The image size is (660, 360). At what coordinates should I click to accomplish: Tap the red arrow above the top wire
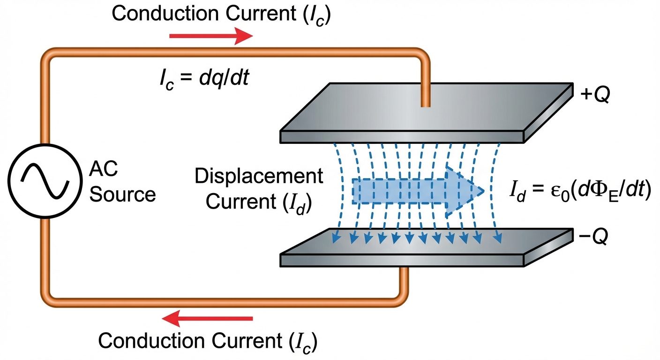(x=210, y=36)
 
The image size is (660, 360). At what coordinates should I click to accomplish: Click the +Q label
(x=594, y=95)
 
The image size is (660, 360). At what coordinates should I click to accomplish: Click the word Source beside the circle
(x=123, y=194)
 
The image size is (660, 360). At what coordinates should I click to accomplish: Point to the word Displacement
(x=259, y=177)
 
